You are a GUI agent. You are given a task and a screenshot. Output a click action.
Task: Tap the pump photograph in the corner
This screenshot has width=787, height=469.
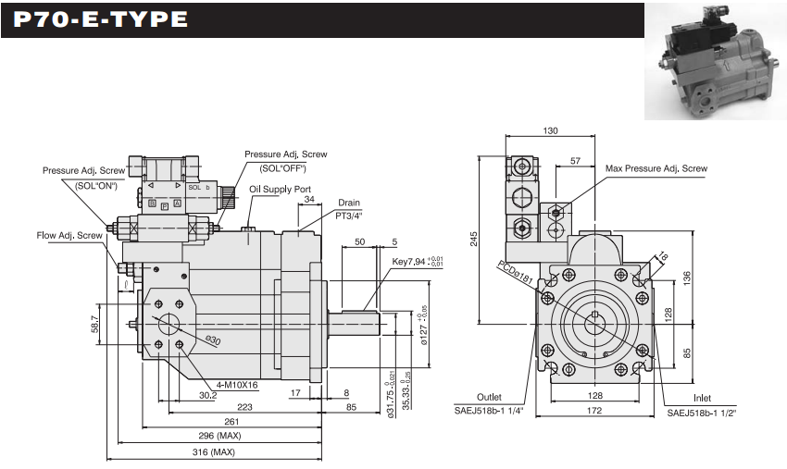coord(714,60)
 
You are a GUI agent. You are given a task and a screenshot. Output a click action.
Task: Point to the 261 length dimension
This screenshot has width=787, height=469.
coord(219,420)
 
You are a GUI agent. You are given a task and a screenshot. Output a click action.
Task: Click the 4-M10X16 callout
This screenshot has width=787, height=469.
coord(237,385)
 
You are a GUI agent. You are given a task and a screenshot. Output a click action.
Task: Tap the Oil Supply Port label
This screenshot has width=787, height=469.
coord(280,189)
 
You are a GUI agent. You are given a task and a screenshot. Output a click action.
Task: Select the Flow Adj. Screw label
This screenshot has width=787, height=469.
coord(69,235)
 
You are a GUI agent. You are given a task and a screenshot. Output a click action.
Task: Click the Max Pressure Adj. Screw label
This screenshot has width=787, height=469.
coord(656,168)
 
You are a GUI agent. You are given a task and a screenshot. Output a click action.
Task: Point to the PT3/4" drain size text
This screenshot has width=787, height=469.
coord(348,215)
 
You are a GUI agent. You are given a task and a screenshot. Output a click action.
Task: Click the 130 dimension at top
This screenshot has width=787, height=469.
coord(550,131)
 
